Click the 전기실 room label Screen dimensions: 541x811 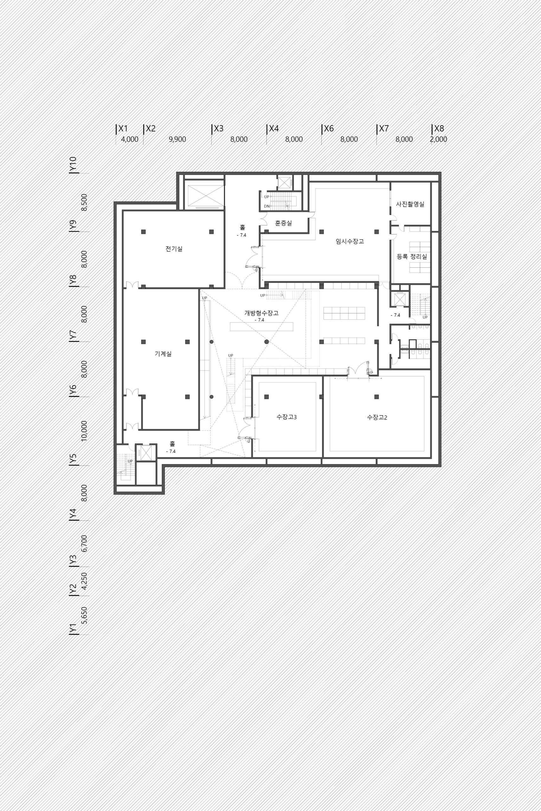174,249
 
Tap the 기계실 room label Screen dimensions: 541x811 163,354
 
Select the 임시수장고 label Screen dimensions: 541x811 350,241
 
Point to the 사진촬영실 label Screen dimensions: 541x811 410,204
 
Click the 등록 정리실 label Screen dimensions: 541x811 412,256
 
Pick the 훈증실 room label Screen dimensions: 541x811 284,223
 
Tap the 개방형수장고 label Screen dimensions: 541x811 261,313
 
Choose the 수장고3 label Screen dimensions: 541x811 287,417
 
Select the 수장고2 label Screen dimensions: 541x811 377,417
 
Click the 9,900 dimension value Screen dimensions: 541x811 177,139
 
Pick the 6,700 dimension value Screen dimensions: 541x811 85,543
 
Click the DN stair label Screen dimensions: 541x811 267,206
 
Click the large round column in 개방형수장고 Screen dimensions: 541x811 266,342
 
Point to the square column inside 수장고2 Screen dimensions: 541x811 377,397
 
